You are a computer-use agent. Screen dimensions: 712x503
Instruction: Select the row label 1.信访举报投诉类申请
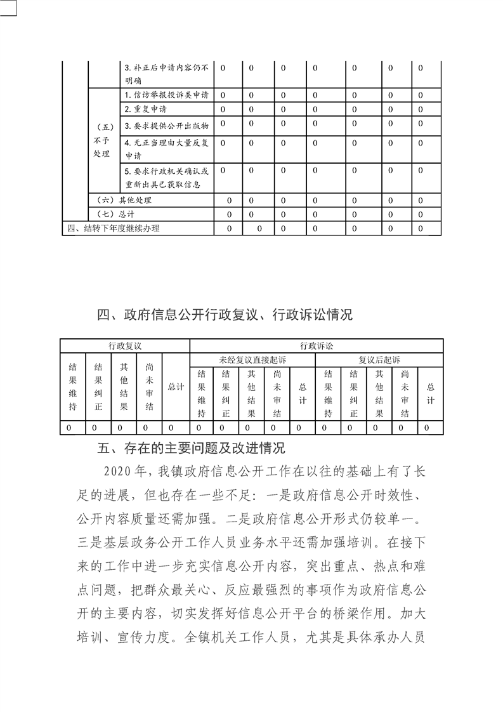click(166, 95)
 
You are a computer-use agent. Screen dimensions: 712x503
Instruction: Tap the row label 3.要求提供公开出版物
click(166, 124)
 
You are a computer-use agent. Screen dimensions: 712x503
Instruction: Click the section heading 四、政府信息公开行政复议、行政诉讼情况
click(225, 315)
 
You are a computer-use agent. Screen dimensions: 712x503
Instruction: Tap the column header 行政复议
click(124, 346)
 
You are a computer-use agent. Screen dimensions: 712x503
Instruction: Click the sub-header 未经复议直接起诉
click(252, 360)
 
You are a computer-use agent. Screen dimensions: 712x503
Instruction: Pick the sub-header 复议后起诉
click(379, 360)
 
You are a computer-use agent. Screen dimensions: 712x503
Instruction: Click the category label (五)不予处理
click(102, 139)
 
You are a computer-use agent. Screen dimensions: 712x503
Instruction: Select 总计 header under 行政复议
click(176, 386)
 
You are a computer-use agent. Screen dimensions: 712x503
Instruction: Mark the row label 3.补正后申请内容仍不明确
click(166, 74)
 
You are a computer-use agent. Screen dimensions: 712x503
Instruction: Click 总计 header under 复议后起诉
click(431, 393)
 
